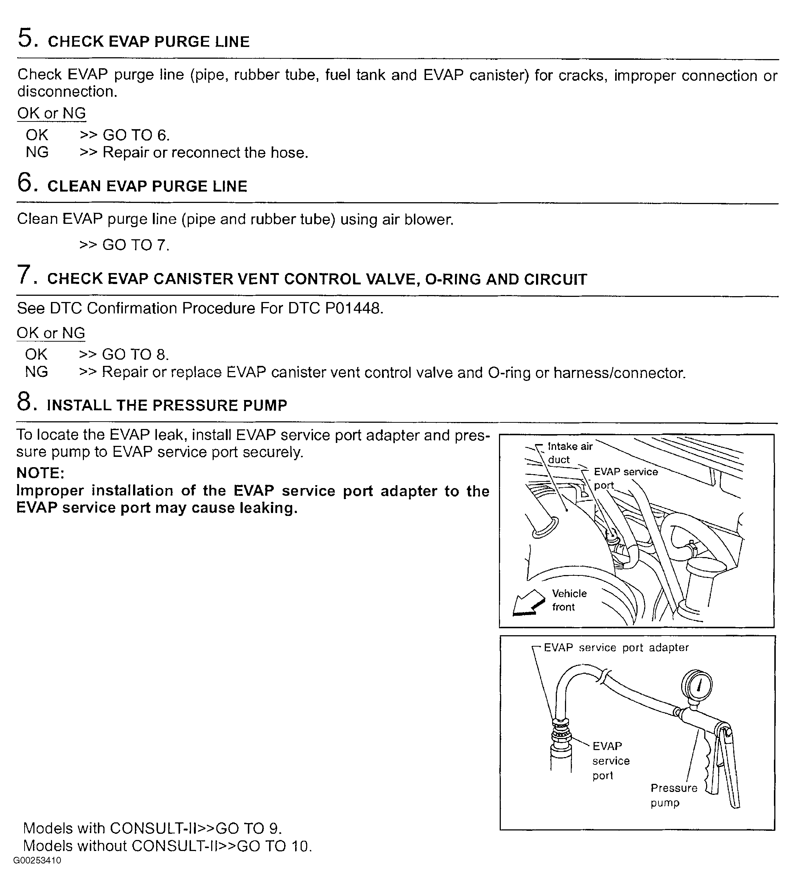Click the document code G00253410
tap(37, 861)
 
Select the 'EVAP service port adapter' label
tap(616, 648)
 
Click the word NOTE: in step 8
tap(40, 473)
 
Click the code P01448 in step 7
tap(354, 308)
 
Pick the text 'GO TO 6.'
tap(136, 135)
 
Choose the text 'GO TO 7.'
tap(136, 245)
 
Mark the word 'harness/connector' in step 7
tap(619, 373)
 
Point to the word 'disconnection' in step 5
tap(66, 92)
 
